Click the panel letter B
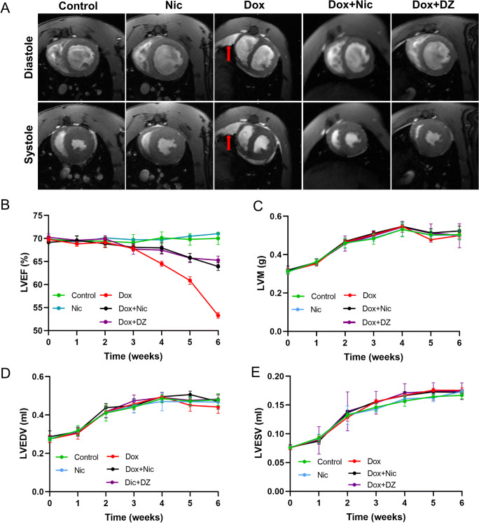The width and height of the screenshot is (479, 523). pyautogui.click(x=6, y=205)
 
